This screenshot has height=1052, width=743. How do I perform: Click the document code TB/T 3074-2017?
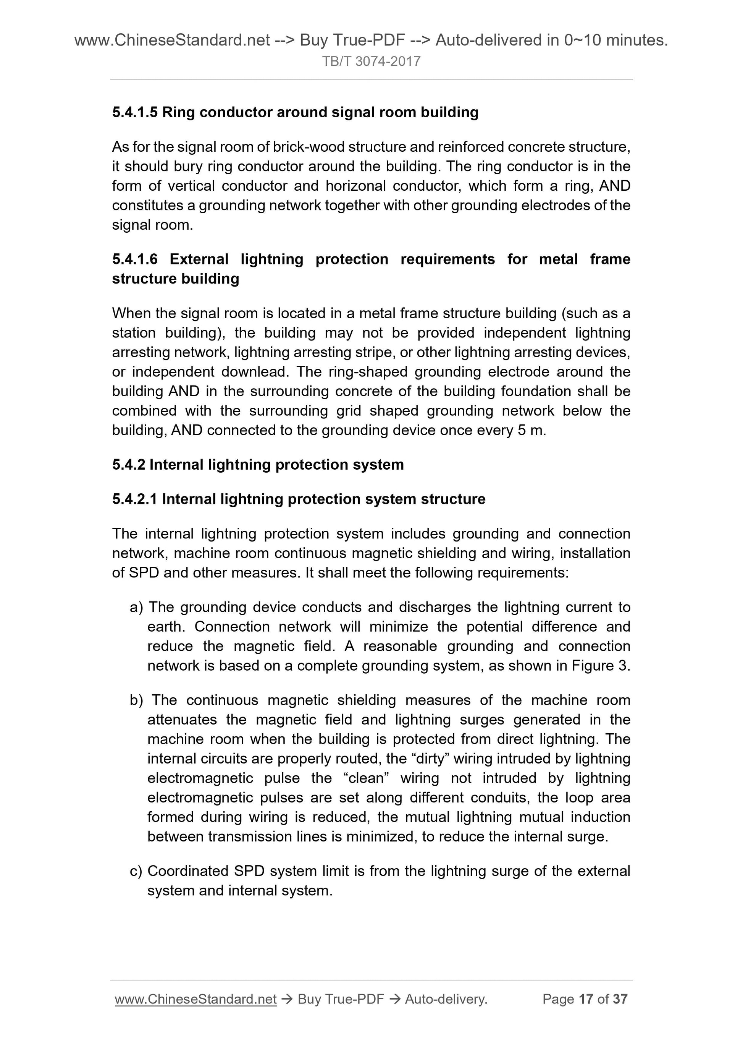pyautogui.click(x=371, y=62)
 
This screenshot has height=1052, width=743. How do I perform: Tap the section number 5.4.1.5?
pyautogui.click(x=135, y=112)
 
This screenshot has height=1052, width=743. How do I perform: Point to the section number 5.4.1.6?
pyautogui.click(x=135, y=259)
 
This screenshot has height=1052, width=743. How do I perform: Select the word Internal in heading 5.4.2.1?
pyautogui.click(x=189, y=499)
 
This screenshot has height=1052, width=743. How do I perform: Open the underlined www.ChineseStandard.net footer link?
pyautogui.click(x=195, y=999)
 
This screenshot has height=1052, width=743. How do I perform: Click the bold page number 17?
pyautogui.click(x=586, y=999)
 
